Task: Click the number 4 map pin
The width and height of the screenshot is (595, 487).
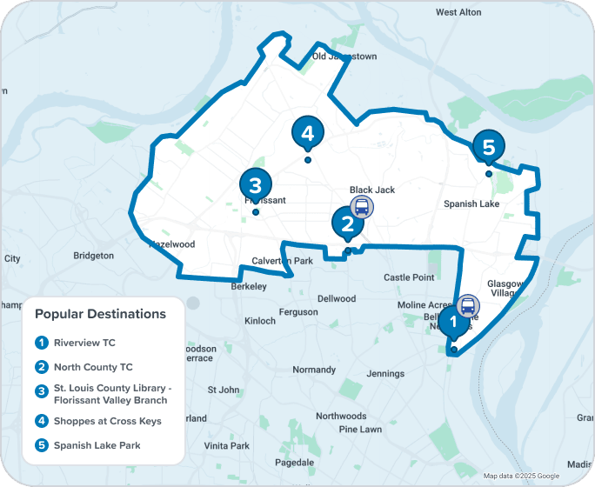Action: coord(307,133)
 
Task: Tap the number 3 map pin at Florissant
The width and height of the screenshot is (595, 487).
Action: coord(255,185)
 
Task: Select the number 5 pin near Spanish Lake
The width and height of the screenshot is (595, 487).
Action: coord(488,147)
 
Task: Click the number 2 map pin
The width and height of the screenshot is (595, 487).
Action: coord(347,223)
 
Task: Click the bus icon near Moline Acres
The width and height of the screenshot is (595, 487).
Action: coord(468,306)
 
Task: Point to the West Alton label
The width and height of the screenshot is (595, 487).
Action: coord(458,12)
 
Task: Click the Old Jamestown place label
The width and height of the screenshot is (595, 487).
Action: coord(344,57)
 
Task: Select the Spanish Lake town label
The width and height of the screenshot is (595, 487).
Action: coord(471,204)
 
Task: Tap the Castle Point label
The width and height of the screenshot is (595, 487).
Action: coord(409,277)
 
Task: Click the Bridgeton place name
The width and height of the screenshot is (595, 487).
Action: coord(93,256)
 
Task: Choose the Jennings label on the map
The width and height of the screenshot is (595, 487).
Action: coord(385,374)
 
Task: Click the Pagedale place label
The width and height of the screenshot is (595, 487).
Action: coord(294,462)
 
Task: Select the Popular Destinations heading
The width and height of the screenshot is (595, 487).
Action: coord(100,313)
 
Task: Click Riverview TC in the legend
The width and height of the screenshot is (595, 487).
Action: coord(84,343)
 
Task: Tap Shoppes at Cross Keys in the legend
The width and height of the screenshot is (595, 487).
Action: coord(107,422)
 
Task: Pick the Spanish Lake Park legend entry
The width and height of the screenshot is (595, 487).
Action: coord(97,445)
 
